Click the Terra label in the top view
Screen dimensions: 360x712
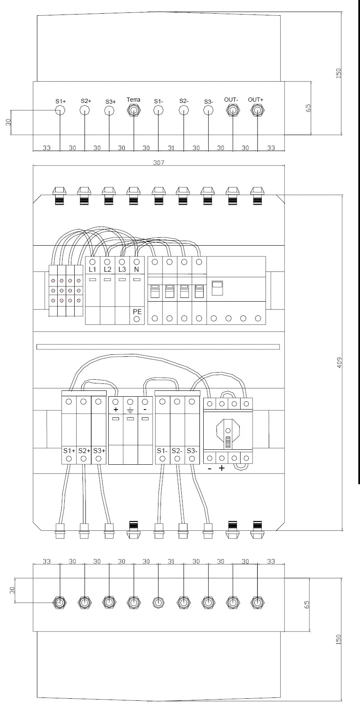(x=134, y=100)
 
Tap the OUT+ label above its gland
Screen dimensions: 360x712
(x=255, y=100)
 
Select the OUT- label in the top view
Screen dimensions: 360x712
(x=231, y=100)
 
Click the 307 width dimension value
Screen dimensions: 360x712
(x=158, y=163)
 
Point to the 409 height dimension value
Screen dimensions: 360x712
(x=339, y=363)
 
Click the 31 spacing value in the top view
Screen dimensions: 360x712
(x=171, y=148)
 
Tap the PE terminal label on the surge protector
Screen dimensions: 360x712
(x=137, y=311)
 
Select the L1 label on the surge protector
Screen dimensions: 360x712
(x=92, y=269)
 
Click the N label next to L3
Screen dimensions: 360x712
(x=136, y=269)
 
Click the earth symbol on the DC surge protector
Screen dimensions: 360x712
(x=130, y=410)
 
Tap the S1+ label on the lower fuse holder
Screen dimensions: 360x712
(x=69, y=451)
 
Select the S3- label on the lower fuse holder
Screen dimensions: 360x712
(x=192, y=451)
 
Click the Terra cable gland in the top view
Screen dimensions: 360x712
(x=134, y=110)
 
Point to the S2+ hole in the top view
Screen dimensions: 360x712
(x=85, y=110)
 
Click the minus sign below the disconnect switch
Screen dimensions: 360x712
(x=210, y=468)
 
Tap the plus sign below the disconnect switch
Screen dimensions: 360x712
(x=222, y=468)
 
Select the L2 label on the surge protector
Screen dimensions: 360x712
(x=107, y=269)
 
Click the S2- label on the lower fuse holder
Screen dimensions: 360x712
(x=177, y=451)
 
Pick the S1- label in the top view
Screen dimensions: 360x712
(x=158, y=101)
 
